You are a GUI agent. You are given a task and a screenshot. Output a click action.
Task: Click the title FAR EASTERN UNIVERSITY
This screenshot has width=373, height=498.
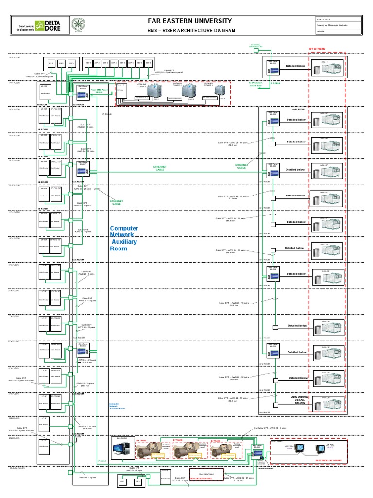(191, 21)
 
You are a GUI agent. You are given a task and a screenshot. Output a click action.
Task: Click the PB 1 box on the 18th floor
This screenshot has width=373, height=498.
(51, 64)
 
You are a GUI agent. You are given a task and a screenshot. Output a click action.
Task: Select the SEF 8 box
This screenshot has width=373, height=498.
(148, 63)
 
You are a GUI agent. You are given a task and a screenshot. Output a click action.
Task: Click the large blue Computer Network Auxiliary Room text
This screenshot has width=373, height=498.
(124, 238)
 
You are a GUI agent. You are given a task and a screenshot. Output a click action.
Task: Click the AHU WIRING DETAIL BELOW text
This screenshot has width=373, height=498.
(300, 400)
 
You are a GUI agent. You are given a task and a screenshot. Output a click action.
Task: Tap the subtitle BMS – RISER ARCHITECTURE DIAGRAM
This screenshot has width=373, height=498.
(191, 30)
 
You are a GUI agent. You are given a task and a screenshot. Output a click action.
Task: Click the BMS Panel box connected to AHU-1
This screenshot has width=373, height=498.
(272, 67)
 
